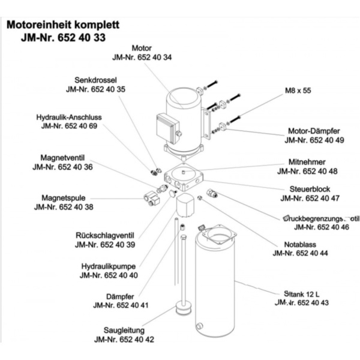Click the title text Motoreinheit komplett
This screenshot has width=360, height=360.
tap(63, 26)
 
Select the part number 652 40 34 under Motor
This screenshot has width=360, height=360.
tap(142, 57)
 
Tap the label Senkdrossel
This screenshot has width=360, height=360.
tap(95, 80)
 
